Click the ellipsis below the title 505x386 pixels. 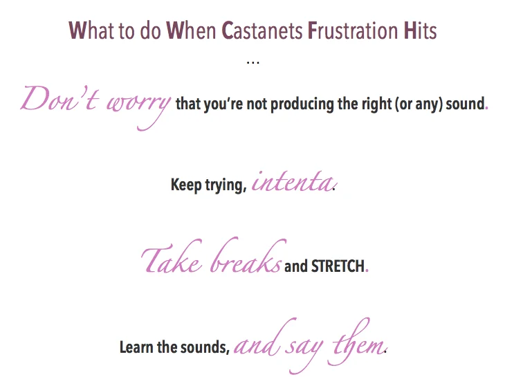coord(252,63)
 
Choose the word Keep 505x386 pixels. coord(186,186)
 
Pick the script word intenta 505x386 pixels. coord(291,183)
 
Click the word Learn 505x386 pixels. coord(138,347)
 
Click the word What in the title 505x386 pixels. coord(87,32)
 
